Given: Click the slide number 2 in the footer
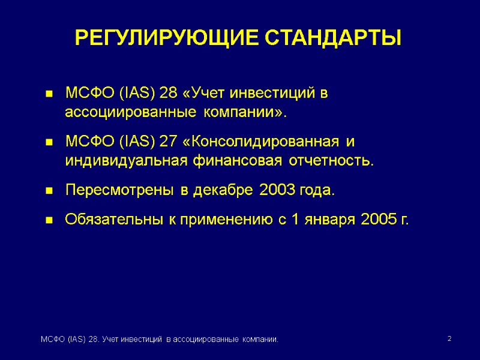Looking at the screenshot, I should click(449, 340).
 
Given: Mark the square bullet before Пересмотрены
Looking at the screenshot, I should click(49, 191).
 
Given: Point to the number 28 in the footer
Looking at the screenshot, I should click(94, 340).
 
